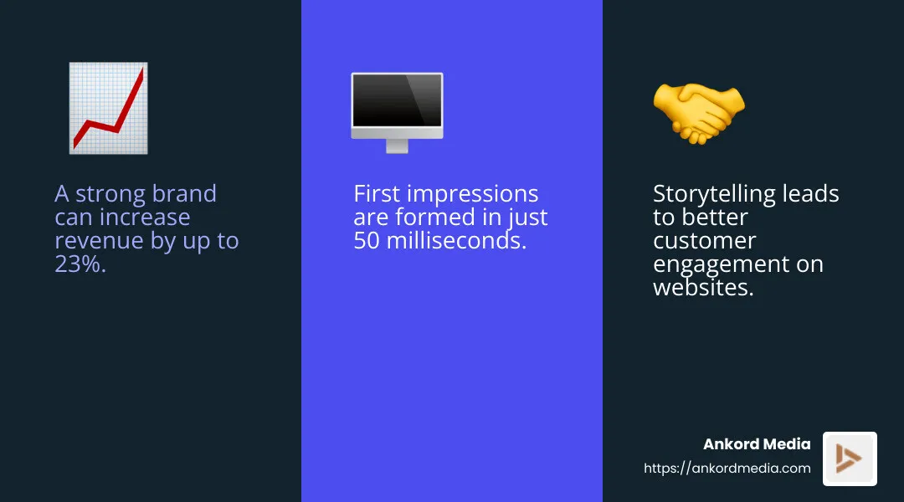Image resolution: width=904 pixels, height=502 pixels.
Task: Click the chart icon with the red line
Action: point(108,108)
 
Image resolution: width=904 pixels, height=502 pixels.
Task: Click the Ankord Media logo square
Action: point(850,458)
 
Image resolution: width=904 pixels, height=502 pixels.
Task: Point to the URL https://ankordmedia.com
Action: point(727,469)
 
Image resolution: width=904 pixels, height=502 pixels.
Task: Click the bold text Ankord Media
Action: point(757,444)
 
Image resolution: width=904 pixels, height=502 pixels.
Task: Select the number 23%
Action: point(80,264)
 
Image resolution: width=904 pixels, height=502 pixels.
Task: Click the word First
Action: point(376,194)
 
